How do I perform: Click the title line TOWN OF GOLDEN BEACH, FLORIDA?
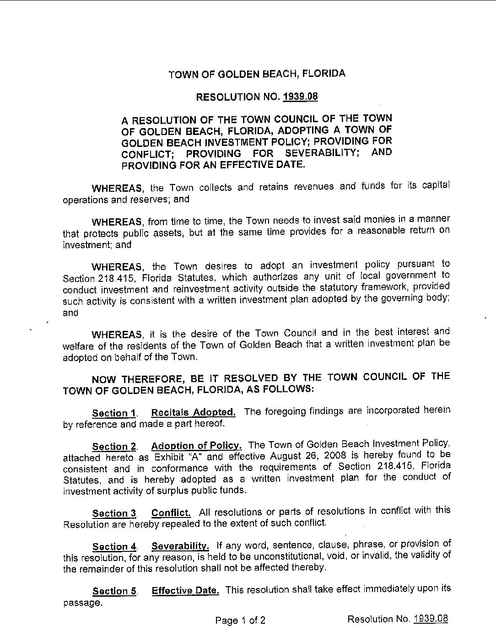pyautogui.click(x=257, y=74)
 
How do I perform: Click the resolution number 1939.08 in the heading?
pyautogui.click(x=301, y=97)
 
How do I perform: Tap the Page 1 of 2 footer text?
pyautogui.click(x=241, y=620)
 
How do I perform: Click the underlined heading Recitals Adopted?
pyautogui.click(x=193, y=412)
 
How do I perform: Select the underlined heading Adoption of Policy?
pyautogui.click(x=196, y=446)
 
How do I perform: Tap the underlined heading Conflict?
pyautogui.click(x=171, y=512)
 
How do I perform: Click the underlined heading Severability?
pyautogui.click(x=180, y=546)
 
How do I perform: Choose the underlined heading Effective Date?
pyautogui.click(x=185, y=590)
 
